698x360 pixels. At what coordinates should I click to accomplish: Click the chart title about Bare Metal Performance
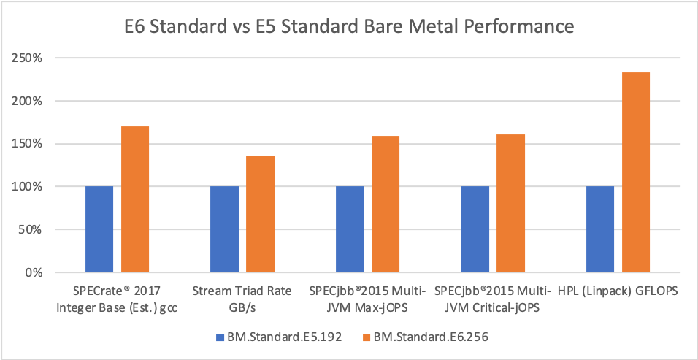click(349, 28)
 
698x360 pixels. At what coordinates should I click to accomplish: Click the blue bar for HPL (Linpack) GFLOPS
click(599, 229)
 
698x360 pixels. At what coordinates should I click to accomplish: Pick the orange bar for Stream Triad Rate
click(260, 214)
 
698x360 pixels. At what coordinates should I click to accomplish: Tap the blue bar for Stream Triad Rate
click(224, 229)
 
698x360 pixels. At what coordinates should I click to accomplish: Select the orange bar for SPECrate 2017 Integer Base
click(135, 199)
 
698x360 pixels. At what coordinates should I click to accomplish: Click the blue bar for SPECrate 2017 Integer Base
click(99, 229)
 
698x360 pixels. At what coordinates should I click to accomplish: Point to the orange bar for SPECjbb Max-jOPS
click(385, 204)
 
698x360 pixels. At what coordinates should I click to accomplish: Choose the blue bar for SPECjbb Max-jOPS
click(350, 229)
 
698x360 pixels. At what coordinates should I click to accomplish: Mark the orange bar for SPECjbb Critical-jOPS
click(510, 204)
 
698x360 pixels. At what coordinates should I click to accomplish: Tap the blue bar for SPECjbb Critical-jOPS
click(475, 229)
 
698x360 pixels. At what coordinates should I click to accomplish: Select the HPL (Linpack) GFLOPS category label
click(618, 291)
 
